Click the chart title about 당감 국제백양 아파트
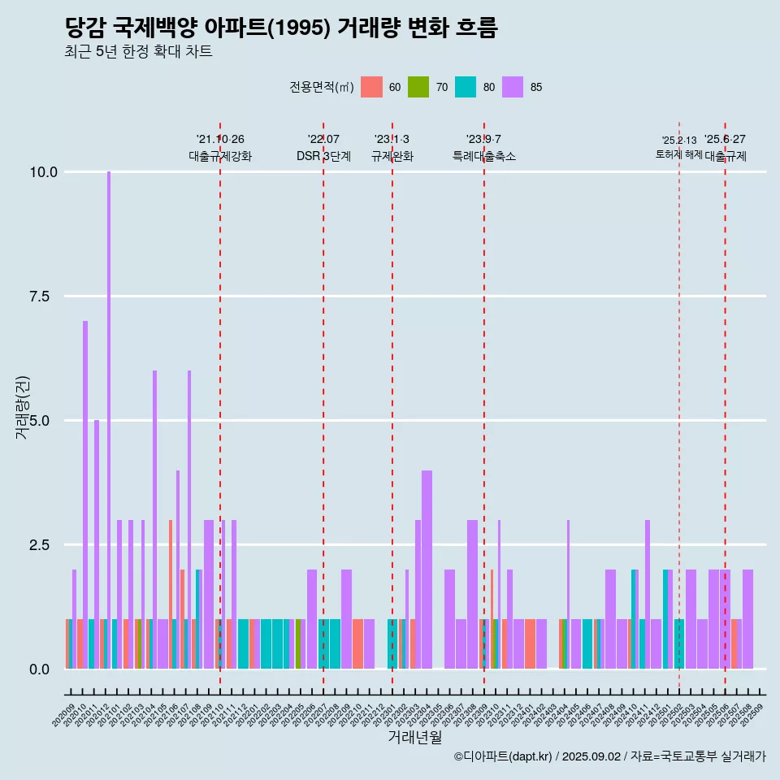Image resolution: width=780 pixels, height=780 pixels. pyautogui.click(x=280, y=28)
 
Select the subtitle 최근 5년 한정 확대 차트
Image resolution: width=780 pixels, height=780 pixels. pyautogui.click(x=138, y=52)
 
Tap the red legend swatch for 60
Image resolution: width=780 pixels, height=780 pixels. pyautogui.click(x=371, y=87)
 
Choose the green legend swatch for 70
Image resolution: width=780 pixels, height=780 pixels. pyautogui.click(x=418, y=87)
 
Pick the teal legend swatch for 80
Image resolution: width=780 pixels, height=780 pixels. pyautogui.click(x=466, y=87)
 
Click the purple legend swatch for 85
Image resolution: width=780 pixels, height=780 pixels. pyautogui.click(x=513, y=87)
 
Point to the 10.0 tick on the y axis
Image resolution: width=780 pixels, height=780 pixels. pyautogui.click(x=43, y=172)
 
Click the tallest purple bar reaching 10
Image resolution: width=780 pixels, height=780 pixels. pyautogui.click(x=109, y=406)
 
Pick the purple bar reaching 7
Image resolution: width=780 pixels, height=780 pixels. pyautogui.click(x=85, y=487)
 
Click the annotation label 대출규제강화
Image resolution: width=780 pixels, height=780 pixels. pyautogui.click(x=220, y=156)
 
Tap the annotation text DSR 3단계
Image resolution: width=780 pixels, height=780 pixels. pyautogui.click(x=323, y=156)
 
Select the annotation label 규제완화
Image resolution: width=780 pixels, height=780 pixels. pyautogui.click(x=392, y=156)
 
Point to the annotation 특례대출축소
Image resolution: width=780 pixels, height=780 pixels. pyautogui.click(x=484, y=156)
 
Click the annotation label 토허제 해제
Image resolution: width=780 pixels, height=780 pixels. pyautogui.click(x=678, y=154)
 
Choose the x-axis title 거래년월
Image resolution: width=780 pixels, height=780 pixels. pyautogui.click(x=414, y=738)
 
